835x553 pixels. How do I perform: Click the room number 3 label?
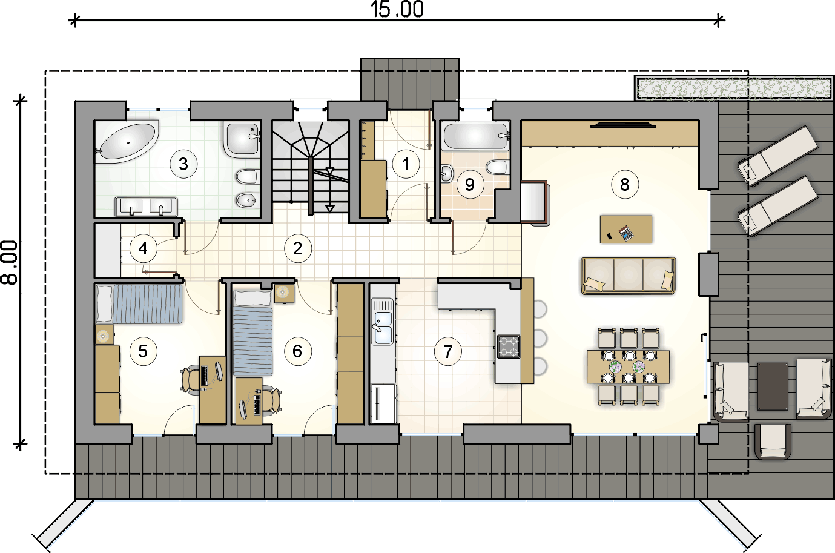(x=183, y=164)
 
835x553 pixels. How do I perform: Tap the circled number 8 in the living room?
(x=625, y=184)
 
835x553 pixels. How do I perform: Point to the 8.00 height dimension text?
(x=9, y=262)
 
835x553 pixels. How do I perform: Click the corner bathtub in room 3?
(x=127, y=142)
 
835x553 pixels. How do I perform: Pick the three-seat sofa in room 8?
(x=629, y=276)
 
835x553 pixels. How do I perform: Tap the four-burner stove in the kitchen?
(x=509, y=346)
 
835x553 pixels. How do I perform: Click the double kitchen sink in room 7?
(x=383, y=322)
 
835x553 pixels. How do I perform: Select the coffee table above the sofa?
(x=626, y=230)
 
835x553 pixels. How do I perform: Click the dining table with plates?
(x=628, y=366)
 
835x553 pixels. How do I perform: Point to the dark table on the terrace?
(x=773, y=386)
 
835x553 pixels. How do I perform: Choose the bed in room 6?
(x=252, y=333)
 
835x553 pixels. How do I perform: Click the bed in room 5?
(x=139, y=304)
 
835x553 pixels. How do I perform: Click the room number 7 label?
(x=448, y=351)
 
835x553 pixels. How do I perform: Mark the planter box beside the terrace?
(x=734, y=88)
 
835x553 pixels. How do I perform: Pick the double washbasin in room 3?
(x=146, y=206)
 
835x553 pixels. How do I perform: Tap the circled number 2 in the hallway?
(x=297, y=248)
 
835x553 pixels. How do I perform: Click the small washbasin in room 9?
(x=447, y=173)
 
